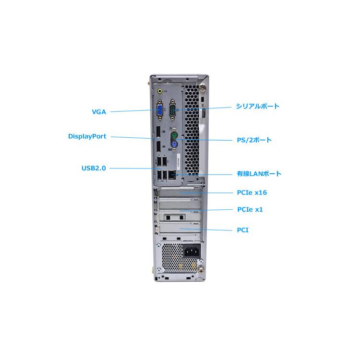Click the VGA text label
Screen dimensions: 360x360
click(x=99, y=112)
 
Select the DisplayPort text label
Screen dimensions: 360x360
click(x=87, y=136)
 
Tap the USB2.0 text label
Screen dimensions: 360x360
click(x=94, y=168)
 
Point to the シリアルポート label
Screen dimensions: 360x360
click(x=257, y=107)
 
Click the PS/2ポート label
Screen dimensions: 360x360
click(x=254, y=140)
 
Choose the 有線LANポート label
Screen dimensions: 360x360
click(x=259, y=174)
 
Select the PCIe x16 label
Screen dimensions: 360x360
click(x=252, y=192)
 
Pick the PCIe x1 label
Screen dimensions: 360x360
click(x=250, y=209)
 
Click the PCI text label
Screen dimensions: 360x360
click(x=242, y=230)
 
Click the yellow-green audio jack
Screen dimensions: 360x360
click(x=160, y=90)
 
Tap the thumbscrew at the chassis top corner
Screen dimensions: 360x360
click(x=202, y=88)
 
